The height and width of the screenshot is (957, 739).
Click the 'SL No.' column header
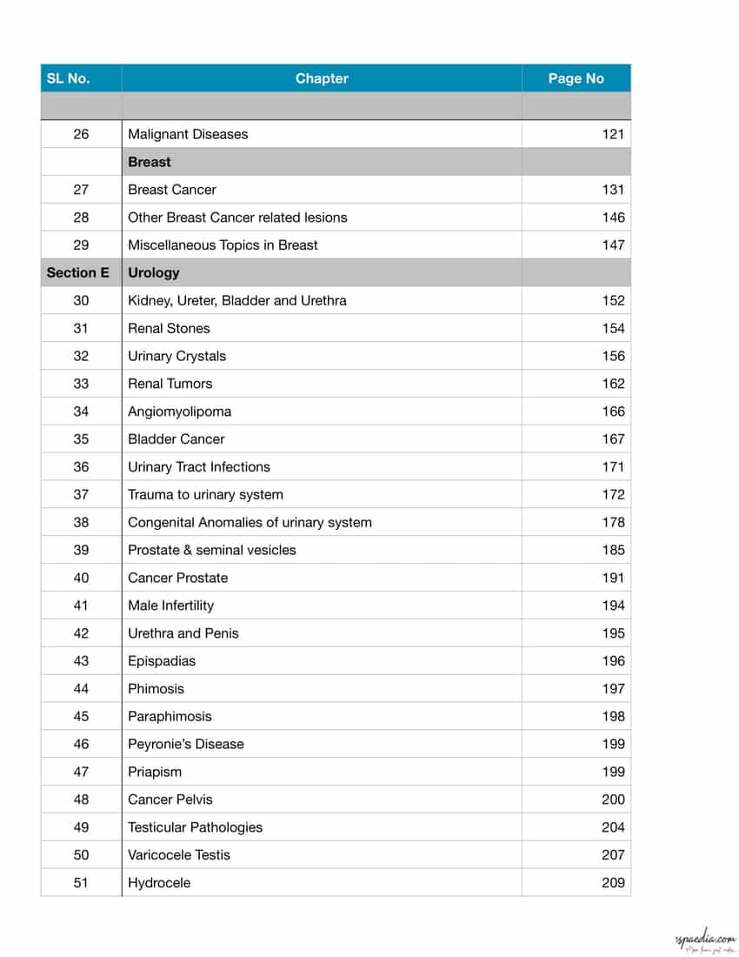(x=68, y=78)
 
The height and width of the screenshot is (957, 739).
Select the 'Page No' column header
(x=576, y=78)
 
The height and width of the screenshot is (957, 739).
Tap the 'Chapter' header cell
(x=322, y=78)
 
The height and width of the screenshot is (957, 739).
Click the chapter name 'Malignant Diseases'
(x=188, y=134)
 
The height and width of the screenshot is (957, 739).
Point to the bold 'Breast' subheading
(x=150, y=162)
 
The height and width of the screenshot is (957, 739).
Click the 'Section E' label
(x=78, y=272)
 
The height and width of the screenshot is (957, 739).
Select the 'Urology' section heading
(x=154, y=272)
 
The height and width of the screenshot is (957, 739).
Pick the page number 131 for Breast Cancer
(x=613, y=190)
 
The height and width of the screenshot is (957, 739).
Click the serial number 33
(x=81, y=384)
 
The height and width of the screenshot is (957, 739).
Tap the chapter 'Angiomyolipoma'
(x=180, y=412)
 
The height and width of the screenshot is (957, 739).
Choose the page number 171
(x=613, y=467)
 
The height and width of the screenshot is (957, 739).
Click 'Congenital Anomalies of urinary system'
(x=250, y=523)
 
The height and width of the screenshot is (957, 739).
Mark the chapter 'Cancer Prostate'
(x=178, y=578)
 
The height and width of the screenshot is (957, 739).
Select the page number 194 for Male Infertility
(x=613, y=606)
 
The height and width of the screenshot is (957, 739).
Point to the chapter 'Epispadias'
(x=162, y=661)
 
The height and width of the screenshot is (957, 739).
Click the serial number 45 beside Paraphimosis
(x=81, y=717)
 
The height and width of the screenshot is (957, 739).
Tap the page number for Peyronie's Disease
(x=613, y=744)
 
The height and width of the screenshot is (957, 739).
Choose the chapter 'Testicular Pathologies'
(x=195, y=827)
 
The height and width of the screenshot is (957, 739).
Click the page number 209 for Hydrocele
(x=613, y=883)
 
